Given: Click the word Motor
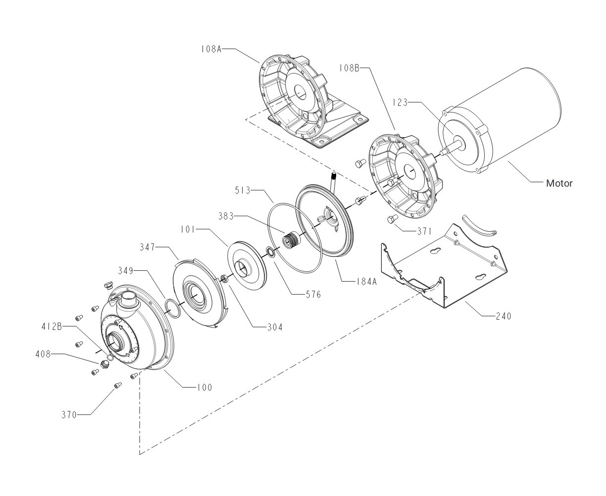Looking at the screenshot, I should click(559, 183).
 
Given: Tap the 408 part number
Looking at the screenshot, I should click(43, 354).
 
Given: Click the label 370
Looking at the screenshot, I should click(69, 415).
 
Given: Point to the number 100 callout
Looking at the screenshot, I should click(203, 387).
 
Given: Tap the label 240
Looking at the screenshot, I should click(503, 315).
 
